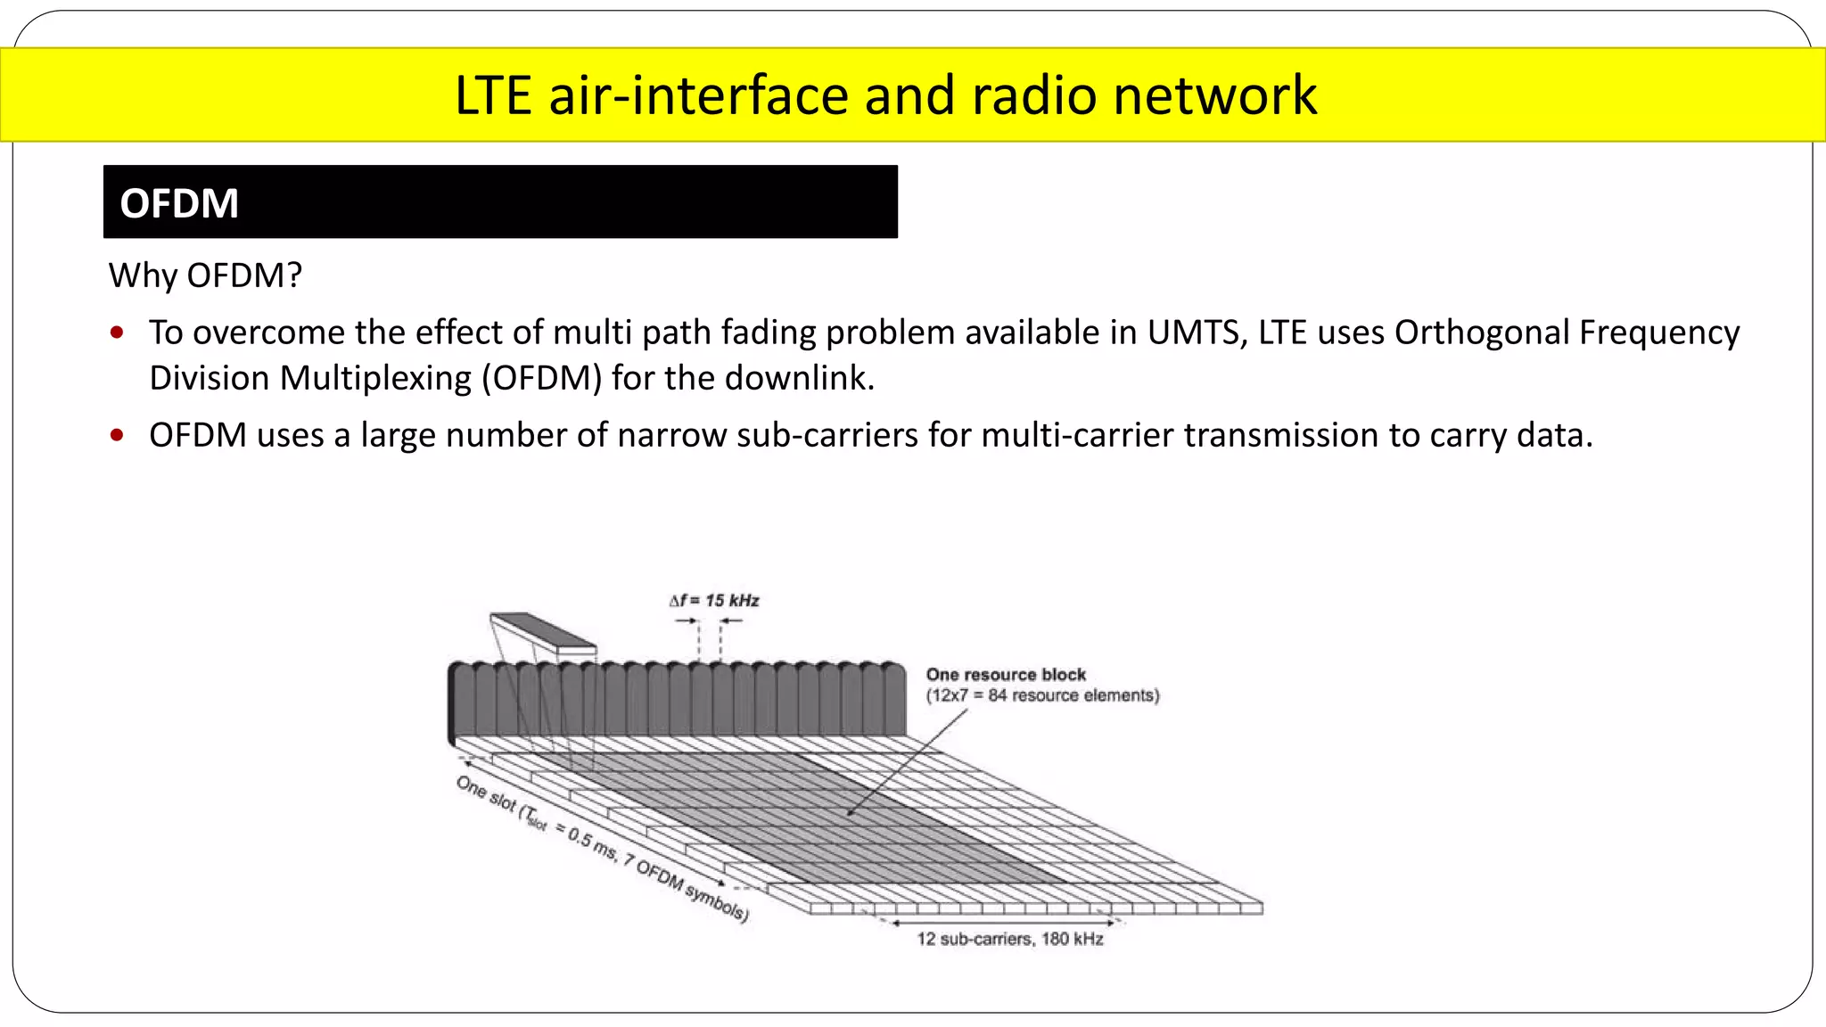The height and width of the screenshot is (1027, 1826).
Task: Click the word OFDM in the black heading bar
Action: pyautogui.click(x=179, y=203)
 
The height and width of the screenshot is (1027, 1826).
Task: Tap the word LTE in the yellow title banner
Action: pyautogui.click(x=493, y=94)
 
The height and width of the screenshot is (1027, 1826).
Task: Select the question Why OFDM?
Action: pyautogui.click(x=205, y=275)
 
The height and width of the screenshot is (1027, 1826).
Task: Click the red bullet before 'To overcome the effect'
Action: pyautogui.click(x=117, y=333)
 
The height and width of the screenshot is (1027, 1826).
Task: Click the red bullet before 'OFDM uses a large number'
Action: pyautogui.click(x=117, y=436)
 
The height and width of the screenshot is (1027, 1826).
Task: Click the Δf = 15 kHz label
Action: pyautogui.click(x=714, y=601)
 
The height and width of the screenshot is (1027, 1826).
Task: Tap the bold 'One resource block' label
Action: pyautogui.click(x=1006, y=675)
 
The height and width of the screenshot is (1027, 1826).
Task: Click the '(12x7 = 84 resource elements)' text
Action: pyautogui.click(x=1042, y=695)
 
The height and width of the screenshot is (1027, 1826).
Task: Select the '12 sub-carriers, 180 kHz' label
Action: pyautogui.click(x=1010, y=939)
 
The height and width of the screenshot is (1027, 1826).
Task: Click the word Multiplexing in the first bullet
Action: pyautogui.click(x=380, y=378)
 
